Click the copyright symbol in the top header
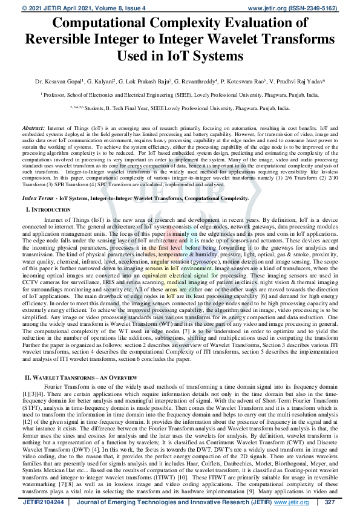click(8, 8)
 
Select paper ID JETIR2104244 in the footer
click(44, 502)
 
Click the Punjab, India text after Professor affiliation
click(302, 94)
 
